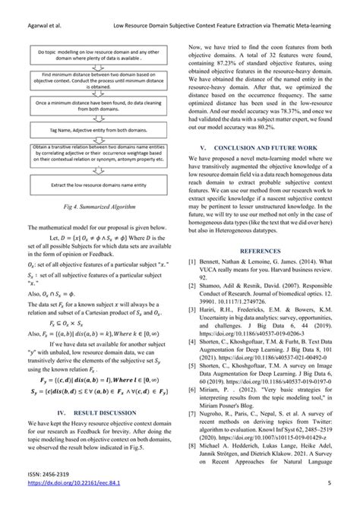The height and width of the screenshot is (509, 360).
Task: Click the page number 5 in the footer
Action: pos(340,494)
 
